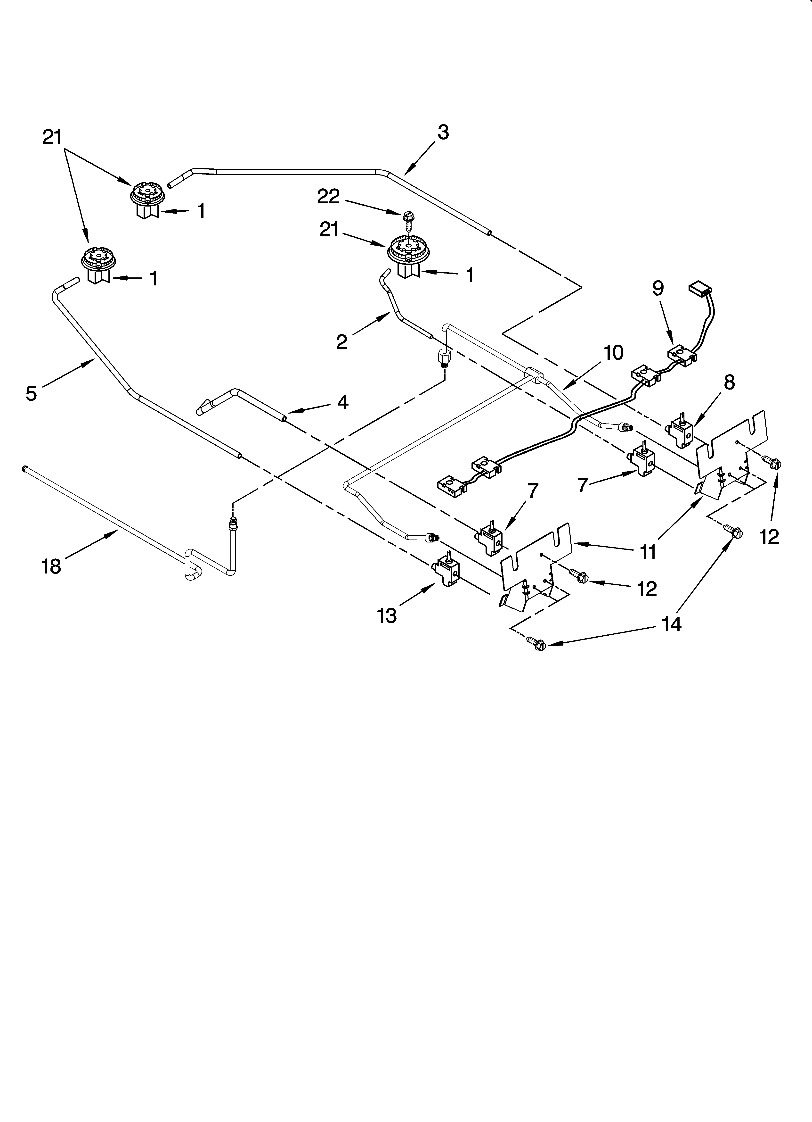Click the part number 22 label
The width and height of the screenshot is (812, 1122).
click(x=328, y=197)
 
